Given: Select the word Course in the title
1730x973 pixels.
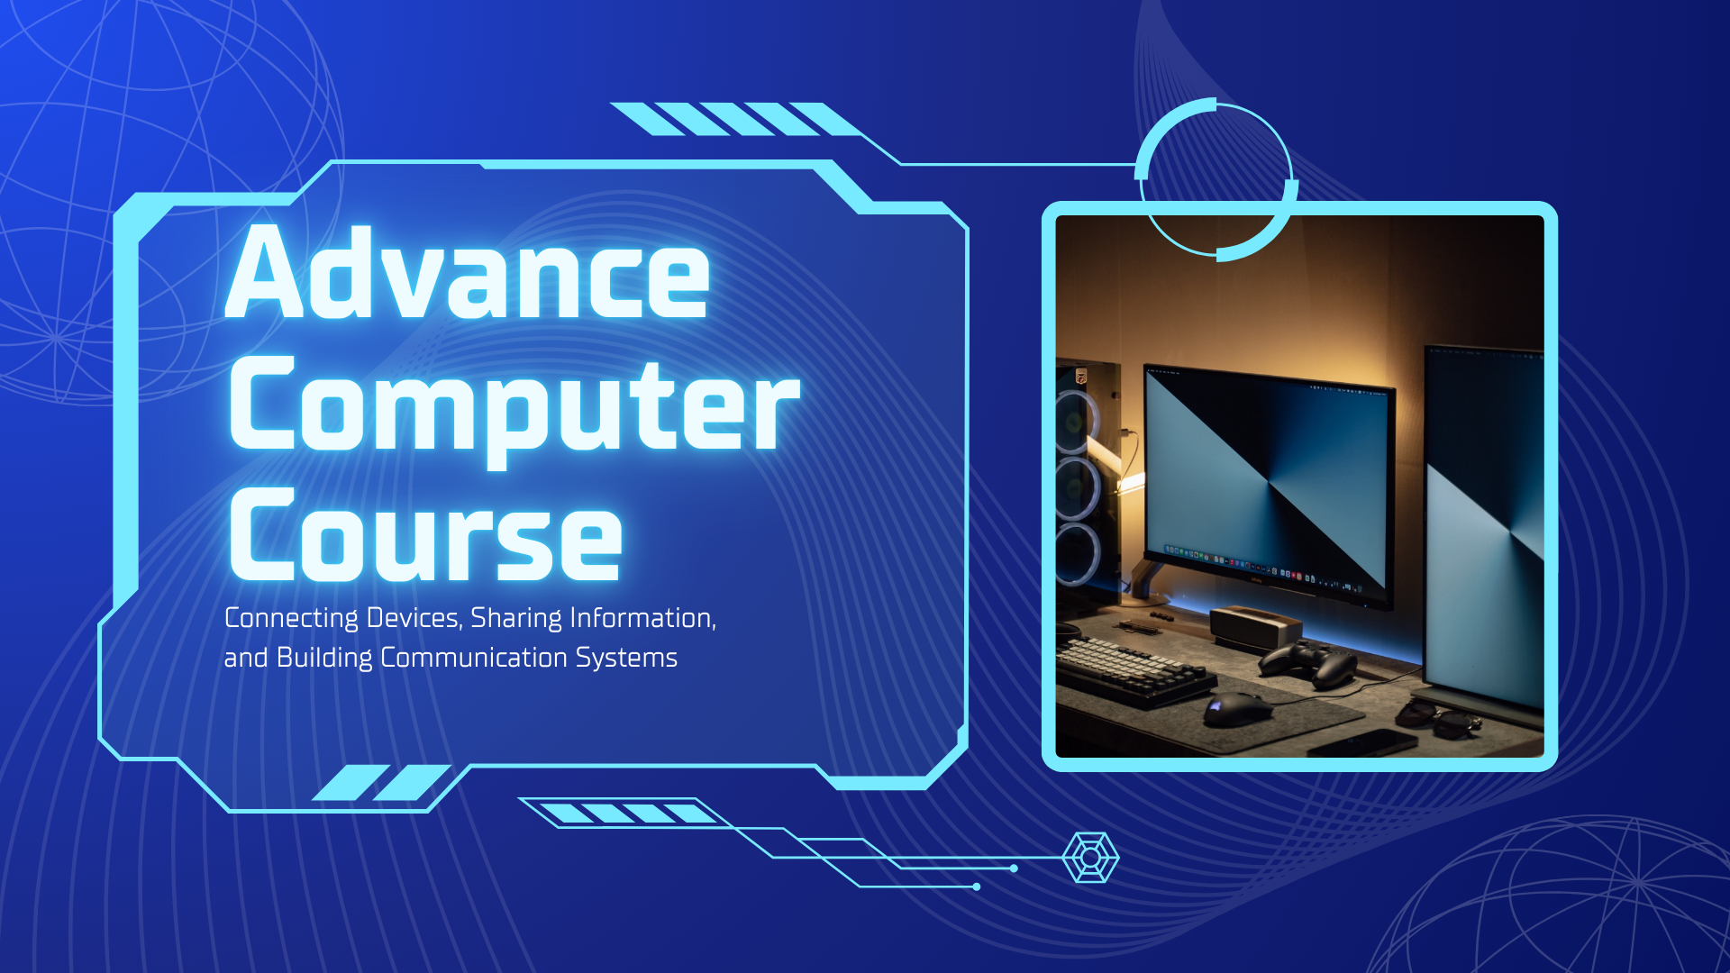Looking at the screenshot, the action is pyautogui.click(x=425, y=534).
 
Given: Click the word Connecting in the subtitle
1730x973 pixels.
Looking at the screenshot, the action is pyautogui.click(x=291, y=619).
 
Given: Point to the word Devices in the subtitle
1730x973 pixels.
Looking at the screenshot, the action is pyautogui.click(x=414, y=618).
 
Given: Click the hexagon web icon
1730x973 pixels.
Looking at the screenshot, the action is pyautogui.click(x=1090, y=857).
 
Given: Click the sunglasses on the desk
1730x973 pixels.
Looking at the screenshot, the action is pyautogui.click(x=1438, y=718).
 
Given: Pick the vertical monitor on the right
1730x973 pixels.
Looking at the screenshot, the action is pyautogui.click(x=1483, y=532).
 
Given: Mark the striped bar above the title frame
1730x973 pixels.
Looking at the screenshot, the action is pyautogui.click(x=734, y=119).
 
